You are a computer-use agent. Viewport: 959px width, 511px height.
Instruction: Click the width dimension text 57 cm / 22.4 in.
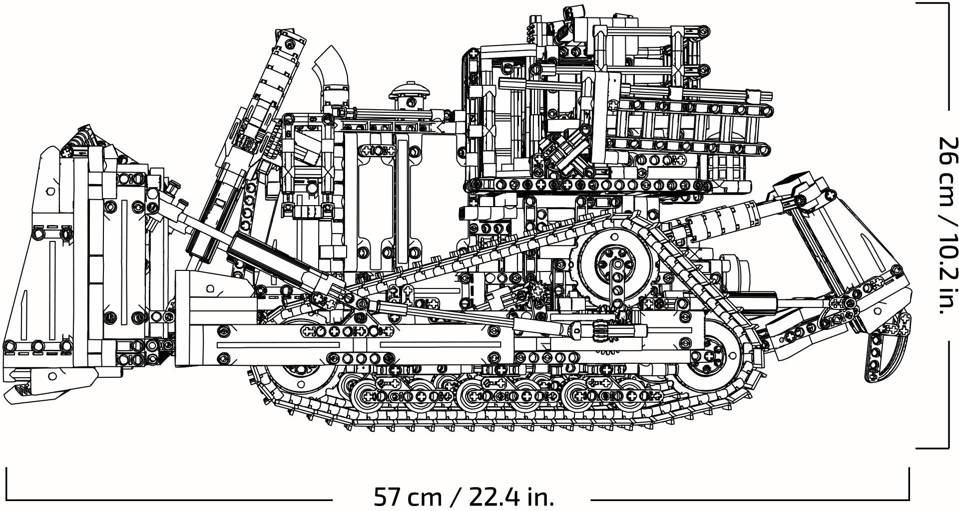pos(464,497)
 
